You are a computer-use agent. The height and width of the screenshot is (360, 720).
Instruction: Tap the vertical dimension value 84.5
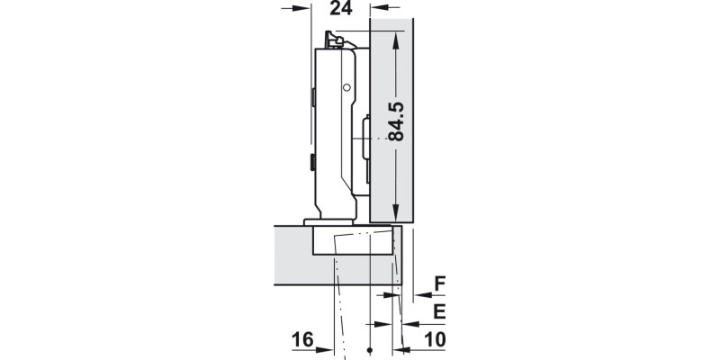coord(395,121)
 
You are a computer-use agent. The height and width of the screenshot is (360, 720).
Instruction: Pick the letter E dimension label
coord(439,312)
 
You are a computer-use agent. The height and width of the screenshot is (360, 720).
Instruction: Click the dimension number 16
coord(302,340)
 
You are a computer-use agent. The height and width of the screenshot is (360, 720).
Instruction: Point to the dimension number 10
coord(434,340)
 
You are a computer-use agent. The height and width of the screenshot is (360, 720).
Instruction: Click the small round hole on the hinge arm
coord(346,88)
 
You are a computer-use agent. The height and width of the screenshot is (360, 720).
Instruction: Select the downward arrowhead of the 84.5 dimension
coord(395,212)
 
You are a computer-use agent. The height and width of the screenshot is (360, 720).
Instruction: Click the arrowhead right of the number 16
coord(328,349)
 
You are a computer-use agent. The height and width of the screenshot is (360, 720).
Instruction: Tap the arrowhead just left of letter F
coord(418,293)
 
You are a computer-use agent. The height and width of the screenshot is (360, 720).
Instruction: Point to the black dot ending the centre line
coord(370,350)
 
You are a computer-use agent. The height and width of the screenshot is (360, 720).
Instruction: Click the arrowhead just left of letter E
coord(410,321)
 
